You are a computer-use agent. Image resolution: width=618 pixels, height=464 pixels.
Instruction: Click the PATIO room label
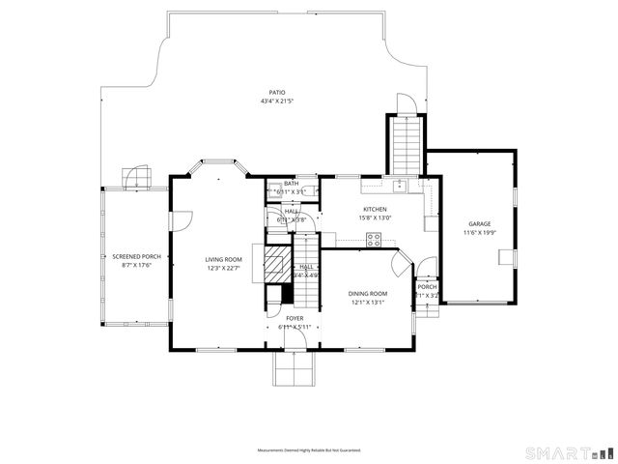click(x=277, y=92)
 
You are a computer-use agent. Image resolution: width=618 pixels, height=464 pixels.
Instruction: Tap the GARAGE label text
click(x=480, y=223)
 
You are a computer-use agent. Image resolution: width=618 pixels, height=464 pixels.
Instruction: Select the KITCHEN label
click(x=375, y=209)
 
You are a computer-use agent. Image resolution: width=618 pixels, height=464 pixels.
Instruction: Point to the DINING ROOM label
click(x=368, y=293)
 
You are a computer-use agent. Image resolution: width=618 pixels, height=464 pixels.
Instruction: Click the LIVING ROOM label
click(x=223, y=259)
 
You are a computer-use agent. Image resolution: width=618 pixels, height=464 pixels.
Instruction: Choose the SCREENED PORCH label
click(x=136, y=256)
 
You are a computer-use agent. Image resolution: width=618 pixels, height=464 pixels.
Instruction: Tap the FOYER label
click(x=295, y=317)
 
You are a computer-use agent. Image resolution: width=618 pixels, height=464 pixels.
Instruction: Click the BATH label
click(x=291, y=183)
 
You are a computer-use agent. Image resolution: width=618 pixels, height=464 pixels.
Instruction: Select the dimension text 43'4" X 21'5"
click(x=277, y=101)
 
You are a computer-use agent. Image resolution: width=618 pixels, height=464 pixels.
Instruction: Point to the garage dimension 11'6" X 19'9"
click(x=480, y=232)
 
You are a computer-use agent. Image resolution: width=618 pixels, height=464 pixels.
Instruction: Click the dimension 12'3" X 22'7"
click(x=223, y=268)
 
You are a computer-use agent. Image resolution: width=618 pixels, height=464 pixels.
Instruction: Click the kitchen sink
click(x=399, y=183)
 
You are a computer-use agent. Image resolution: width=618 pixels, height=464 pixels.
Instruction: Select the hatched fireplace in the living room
click(x=276, y=261)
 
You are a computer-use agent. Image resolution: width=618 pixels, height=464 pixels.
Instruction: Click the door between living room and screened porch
click(x=177, y=220)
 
